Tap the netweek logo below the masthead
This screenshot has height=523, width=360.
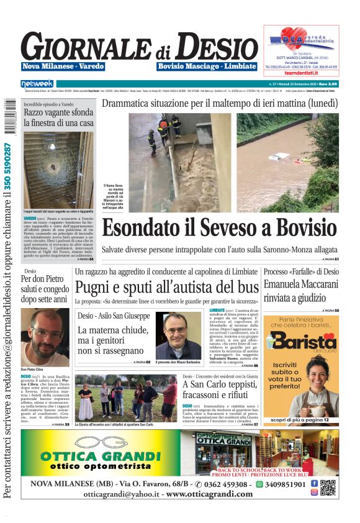37,84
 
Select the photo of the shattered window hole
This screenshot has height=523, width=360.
58,171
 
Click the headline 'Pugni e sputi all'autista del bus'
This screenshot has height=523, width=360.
166,287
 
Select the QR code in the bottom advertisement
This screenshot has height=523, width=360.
328,488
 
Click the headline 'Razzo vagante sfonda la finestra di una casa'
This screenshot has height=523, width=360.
59,118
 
